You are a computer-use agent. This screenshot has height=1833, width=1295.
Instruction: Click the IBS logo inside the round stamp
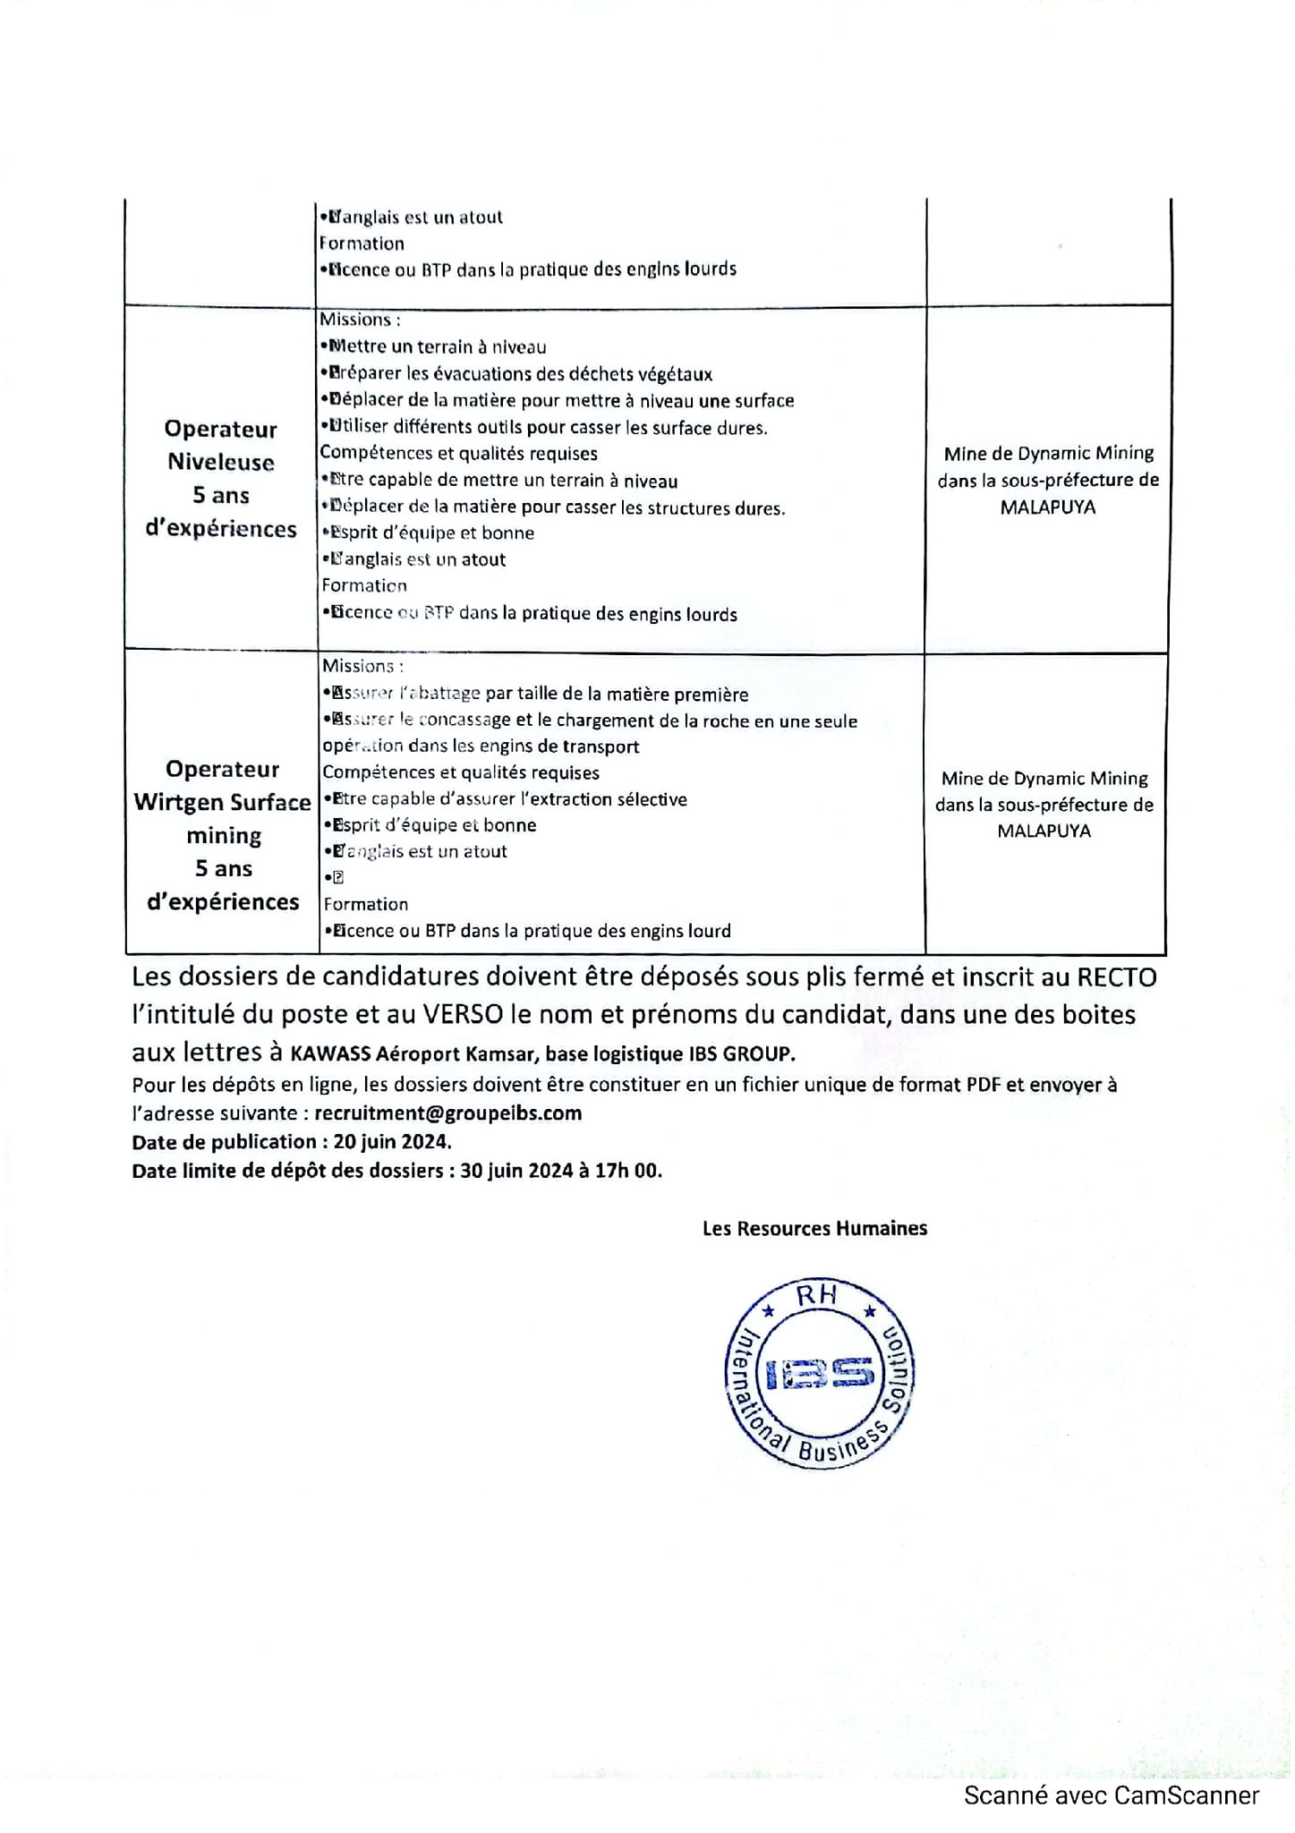click(x=819, y=1374)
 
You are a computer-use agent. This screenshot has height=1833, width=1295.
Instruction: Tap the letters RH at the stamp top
click(x=816, y=1295)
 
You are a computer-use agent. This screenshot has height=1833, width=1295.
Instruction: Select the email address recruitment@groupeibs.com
click(x=448, y=1113)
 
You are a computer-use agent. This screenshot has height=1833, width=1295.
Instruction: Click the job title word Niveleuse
click(x=221, y=463)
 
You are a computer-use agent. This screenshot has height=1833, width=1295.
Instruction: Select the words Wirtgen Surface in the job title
click(x=223, y=803)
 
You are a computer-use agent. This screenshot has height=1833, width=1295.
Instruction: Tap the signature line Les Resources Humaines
click(x=814, y=1229)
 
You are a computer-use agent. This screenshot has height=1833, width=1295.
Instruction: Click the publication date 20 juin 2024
click(x=392, y=1142)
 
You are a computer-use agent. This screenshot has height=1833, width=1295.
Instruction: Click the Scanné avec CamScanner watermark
click(x=1112, y=1795)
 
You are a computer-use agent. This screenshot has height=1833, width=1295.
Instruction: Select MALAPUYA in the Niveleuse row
click(x=1047, y=507)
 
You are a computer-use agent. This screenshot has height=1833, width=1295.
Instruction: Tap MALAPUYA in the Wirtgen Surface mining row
click(x=1044, y=831)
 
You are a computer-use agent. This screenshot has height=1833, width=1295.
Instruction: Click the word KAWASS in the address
click(x=330, y=1054)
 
